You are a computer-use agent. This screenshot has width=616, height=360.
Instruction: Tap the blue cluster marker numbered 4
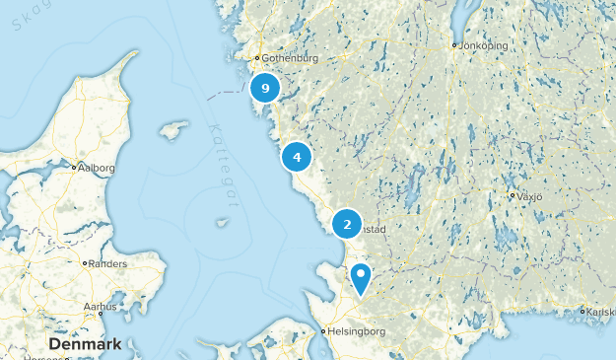pos(297,156)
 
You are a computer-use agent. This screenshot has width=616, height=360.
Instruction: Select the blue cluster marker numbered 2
pos(347,225)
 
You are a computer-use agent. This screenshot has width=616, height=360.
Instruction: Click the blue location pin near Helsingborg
pos(363,277)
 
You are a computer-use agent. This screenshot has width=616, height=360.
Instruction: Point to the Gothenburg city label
pos(291,57)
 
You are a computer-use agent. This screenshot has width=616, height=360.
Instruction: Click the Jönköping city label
pos(485,45)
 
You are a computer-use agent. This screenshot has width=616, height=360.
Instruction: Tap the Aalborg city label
pos(97,168)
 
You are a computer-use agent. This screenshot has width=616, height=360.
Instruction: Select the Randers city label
pos(108,264)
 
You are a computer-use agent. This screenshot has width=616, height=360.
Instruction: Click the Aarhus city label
pos(101,307)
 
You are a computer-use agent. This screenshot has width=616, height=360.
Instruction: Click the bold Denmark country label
pos(85,344)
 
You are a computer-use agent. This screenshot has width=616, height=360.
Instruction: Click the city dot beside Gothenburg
pos(257,57)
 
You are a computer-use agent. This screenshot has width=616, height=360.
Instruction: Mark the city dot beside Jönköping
pos(454,45)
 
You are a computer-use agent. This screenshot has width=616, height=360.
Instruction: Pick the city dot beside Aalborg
pos(74,168)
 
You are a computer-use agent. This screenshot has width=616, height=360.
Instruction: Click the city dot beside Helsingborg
pos(324,331)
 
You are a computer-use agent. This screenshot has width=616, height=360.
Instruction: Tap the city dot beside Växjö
pos(513,196)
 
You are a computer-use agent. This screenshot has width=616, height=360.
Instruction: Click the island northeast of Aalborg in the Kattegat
pos(173,130)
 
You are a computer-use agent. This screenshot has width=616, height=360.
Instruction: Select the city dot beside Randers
pos(85,264)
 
